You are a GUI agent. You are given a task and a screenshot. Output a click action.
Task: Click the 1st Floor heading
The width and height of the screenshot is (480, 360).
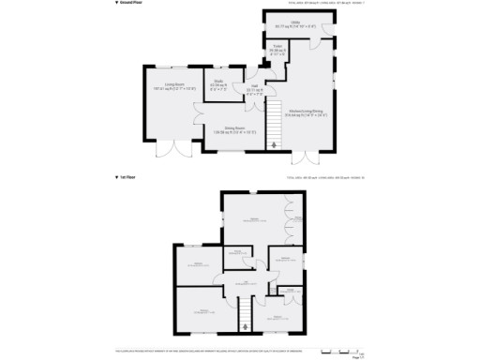[132, 176]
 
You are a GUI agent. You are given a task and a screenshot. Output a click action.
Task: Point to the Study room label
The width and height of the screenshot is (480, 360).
[218, 83]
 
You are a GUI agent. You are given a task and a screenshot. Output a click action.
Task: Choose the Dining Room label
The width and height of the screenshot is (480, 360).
[234, 129]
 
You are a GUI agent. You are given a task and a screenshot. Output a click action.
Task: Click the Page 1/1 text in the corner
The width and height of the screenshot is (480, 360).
[357, 356]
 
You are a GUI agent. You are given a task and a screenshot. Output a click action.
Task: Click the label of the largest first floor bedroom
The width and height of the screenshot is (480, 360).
[254, 218]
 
